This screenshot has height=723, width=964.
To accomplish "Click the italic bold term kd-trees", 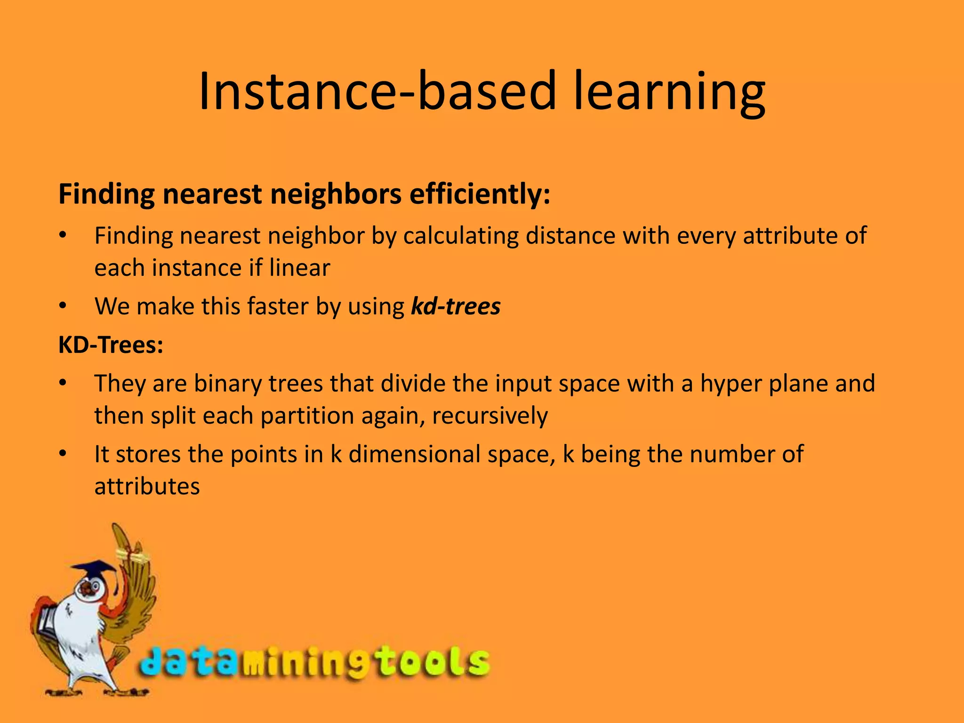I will click(x=456, y=306).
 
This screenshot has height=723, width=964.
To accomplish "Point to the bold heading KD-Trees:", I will click(x=111, y=345).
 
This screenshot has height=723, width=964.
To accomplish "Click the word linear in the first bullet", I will click(x=300, y=268).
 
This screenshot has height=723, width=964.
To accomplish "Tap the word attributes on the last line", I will click(x=147, y=487).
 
